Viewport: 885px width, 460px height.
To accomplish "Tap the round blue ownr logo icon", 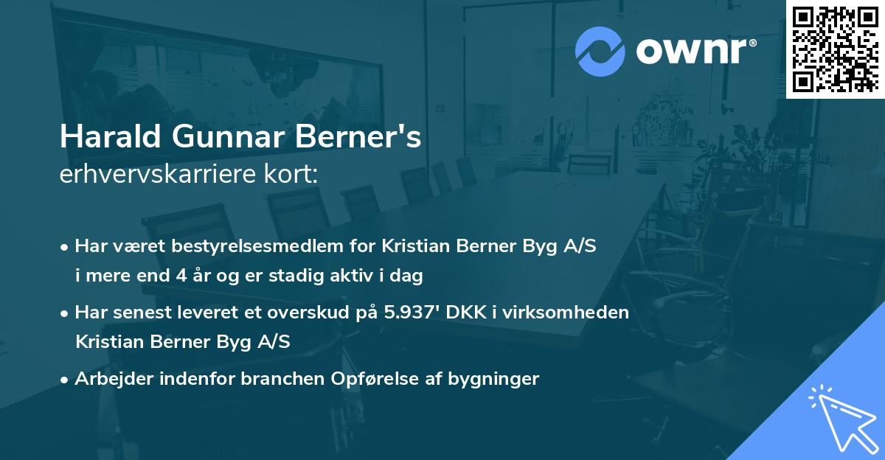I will [600, 52].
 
